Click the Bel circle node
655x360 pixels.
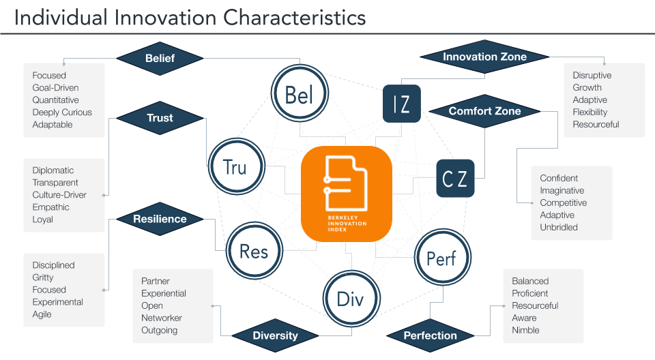(300, 95)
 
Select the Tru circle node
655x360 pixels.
(235, 167)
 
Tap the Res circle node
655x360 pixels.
(253, 251)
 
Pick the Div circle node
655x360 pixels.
(350, 299)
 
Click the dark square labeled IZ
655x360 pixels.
(401, 104)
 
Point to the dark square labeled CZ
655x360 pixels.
(454, 179)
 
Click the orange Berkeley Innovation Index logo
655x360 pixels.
(347, 194)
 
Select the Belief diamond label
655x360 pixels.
(160, 59)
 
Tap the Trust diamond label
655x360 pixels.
(160, 118)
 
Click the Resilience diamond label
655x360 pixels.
(160, 220)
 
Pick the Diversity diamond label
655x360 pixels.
(275, 335)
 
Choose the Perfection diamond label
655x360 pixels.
(430, 335)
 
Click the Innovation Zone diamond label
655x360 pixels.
(484, 57)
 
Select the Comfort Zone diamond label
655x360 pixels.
(484, 111)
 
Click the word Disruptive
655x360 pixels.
(592, 76)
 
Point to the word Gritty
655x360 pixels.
(42, 277)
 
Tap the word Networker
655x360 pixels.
(162, 318)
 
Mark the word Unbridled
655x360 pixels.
(559, 228)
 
